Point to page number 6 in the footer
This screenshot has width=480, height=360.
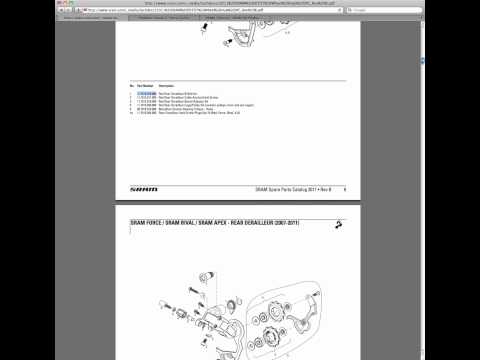coord(344,188)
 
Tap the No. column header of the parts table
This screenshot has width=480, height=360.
coord(132,86)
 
